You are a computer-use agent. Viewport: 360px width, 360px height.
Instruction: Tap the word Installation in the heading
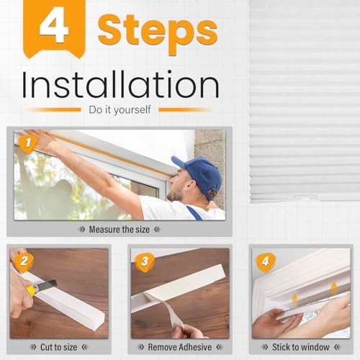coord(120,84)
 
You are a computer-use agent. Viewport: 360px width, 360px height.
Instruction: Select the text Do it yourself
coord(120,109)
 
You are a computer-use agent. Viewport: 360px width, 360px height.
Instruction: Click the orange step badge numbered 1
coord(28,143)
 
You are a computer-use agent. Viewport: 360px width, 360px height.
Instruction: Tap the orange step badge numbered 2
coord(24,261)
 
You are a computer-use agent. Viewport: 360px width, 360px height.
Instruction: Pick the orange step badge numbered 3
coord(145,262)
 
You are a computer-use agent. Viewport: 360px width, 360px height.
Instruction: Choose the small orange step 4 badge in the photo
coord(266,262)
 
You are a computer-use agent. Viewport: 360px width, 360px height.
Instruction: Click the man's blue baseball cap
coord(200,174)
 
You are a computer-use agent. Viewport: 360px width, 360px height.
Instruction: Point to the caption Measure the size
coord(120,230)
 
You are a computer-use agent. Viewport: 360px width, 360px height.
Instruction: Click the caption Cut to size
coord(59,347)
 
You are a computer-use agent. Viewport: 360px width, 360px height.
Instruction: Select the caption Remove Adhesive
coord(180,347)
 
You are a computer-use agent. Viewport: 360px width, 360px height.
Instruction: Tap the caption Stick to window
coord(301,347)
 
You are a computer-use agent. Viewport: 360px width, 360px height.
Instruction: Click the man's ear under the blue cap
coord(191,186)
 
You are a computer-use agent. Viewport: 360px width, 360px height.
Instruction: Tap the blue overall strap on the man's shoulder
coord(195,212)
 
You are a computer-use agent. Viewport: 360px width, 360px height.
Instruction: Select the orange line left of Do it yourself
coord(55,109)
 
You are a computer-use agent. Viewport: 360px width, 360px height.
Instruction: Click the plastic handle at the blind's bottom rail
coord(305,197)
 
